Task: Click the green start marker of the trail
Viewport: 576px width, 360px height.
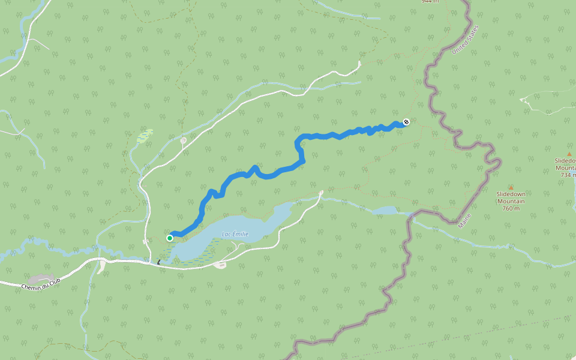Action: (170, 238)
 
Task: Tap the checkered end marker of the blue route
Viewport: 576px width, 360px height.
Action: (406, 122)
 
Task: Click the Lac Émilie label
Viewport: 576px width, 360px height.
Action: (235, 235)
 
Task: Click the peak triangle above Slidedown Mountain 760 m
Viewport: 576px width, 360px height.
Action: (511, 188)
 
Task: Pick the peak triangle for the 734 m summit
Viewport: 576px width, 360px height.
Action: (569, 154)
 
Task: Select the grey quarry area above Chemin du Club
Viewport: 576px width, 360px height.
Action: (40, 279)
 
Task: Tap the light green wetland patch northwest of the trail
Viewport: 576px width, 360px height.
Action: (145, 136)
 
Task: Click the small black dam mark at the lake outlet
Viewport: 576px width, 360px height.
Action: (159, 262)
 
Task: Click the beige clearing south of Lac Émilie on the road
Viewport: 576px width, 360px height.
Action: (220, 265)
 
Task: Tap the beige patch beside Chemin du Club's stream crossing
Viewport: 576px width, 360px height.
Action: (101, 267)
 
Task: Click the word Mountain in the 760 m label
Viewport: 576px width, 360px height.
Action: (511, 201)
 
